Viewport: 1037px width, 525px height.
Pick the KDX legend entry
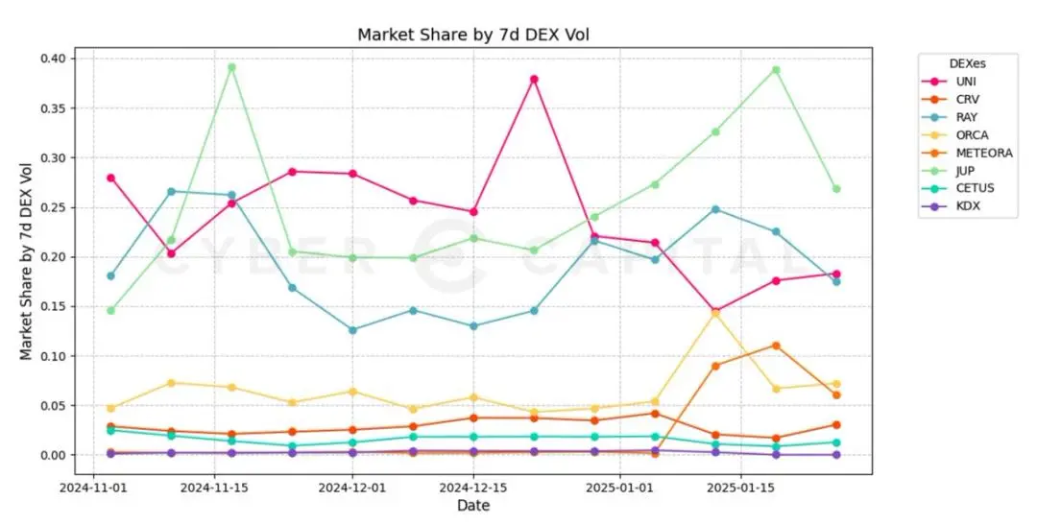pyautogui.click(x=962, y=205)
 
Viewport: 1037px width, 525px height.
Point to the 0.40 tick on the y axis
pyautogui.click(x=53, y=59)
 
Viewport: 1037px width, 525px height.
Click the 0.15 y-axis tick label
pyautogui.click(x=53, y=307)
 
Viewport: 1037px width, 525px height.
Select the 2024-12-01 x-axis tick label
pyautogui.click(x=352, y=488)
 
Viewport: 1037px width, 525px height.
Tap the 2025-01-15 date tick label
pyautogui.click(x=740, y=488)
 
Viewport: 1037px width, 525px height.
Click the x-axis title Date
pyautogui.click(x=473, y=506)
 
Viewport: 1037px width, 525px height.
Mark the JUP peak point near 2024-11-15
pyautogui.click(x=231, y=67)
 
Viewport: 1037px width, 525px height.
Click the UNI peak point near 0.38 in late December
pyautogui.click(x=534, y=79)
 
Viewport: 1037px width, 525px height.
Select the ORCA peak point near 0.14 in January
pyautogui.click(x=715, y=312)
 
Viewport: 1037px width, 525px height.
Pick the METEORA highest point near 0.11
pyautogui.click(x=776, y=346)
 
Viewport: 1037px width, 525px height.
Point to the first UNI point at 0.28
pyautogui.click(x=110, y=178)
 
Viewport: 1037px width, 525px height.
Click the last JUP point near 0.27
pyautogui.click(x=836, y=189)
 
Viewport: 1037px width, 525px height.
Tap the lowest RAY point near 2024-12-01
pyautogui.click(x=352, y=330)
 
